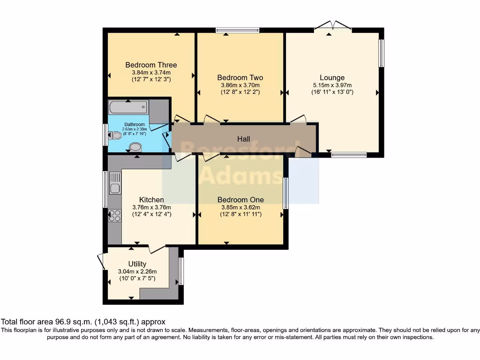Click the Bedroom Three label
(x=151, y=65)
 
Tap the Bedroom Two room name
(x=240, y=77)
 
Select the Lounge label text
(x=332, y=77)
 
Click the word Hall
(x=243, y=139)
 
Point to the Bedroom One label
(x=240, y=200)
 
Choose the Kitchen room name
(x=151, y=200)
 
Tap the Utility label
(x=137, y=264)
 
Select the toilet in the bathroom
(x=115, y=136)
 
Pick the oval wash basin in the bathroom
(x=135, y=147)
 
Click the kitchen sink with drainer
(x=115, y=183)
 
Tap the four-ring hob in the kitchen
(x=115, y=215)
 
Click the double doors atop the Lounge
(x=332, y=26)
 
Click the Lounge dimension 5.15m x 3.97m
(x=332, y=85)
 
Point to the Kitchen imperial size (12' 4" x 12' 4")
(x=151, y=214)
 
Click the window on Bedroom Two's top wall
(x=238, y=30)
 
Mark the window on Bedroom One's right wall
(x=285, y=193)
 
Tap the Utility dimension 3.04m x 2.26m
(x=137, y=271)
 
